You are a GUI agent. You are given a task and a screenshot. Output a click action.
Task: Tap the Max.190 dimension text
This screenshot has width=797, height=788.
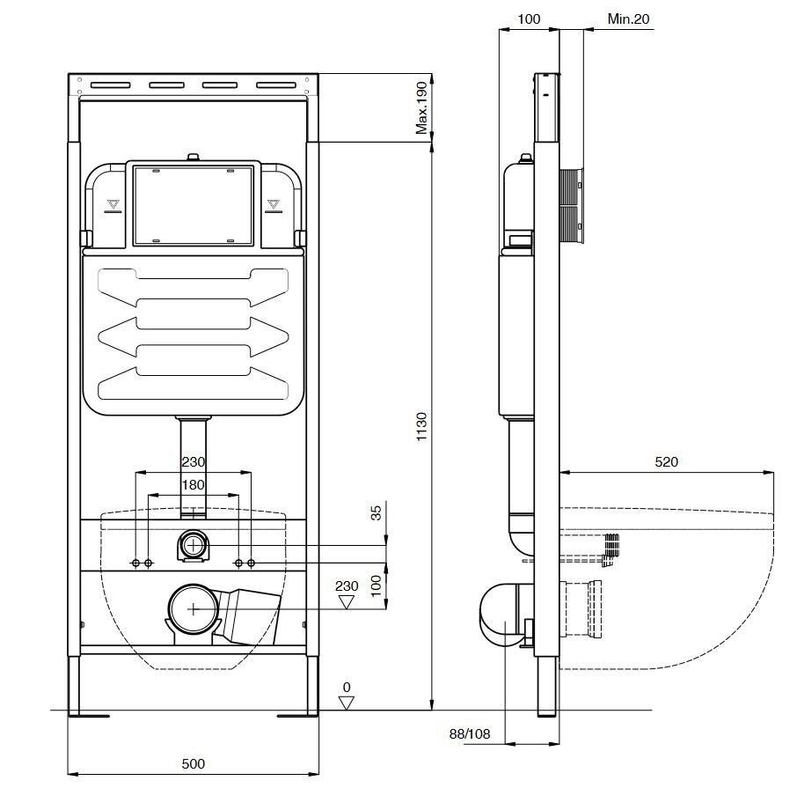click(x=421, y=109)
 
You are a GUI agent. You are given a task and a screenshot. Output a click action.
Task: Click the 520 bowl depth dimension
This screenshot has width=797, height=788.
click(x=666, y=461)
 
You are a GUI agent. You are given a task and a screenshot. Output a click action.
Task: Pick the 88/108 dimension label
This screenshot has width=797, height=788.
click(x=469, y=733)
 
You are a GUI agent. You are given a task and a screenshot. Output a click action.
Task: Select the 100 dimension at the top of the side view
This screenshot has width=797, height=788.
click(x=529, y=18)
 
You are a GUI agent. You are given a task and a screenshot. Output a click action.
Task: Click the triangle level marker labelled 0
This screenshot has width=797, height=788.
click(x=347, y=703)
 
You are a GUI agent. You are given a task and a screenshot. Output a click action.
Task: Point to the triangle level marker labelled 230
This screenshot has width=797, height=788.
click(x=347, y=602)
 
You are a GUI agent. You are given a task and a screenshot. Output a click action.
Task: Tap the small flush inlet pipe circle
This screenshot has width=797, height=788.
click(x=194, y=546)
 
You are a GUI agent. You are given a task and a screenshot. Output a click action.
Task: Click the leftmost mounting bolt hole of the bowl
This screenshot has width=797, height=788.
click(x=135, y=562)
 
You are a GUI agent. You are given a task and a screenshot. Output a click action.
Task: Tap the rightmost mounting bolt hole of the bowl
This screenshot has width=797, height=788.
click(x=252, y=562)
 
